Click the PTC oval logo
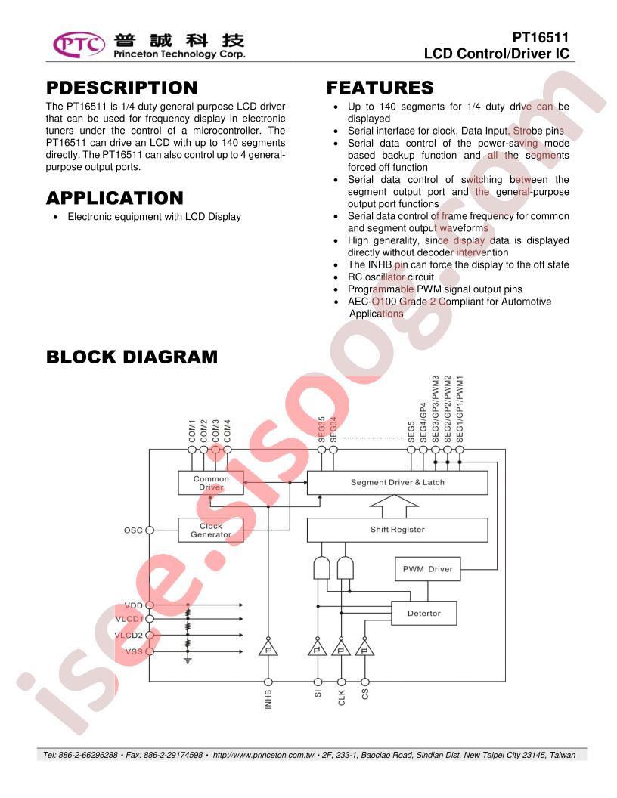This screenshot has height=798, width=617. tap(79, 45)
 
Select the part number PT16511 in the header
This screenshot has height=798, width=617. tap(540, 37)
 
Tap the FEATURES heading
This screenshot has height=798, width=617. tap(380, 88)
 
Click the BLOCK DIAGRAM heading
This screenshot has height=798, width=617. tap(132, 357)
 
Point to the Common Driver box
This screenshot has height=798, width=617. tap(211, 483)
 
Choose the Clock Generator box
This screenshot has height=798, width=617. tap(211, 530)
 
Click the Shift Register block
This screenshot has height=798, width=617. tap(397, 530)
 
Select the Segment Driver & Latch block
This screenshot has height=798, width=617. tap(397, 482)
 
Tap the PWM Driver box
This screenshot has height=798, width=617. tap(428, 569)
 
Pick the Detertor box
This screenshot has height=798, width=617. tap(423, 614)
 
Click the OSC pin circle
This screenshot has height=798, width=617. tap(150, 530)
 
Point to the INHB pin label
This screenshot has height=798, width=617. tap(268, 699)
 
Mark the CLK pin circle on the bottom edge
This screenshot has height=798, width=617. tap(342, 682)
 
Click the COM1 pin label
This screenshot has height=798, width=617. tap(192, 431)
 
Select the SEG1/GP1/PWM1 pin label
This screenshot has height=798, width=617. tap(460, 409)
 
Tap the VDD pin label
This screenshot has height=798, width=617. tap(133, 605)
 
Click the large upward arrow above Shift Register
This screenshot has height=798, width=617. tap(394, 506)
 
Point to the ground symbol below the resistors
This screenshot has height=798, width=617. tap(188, 660)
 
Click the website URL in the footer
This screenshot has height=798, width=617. tap(263, 755)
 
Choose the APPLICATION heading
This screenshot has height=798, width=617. tap(115, 198)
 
